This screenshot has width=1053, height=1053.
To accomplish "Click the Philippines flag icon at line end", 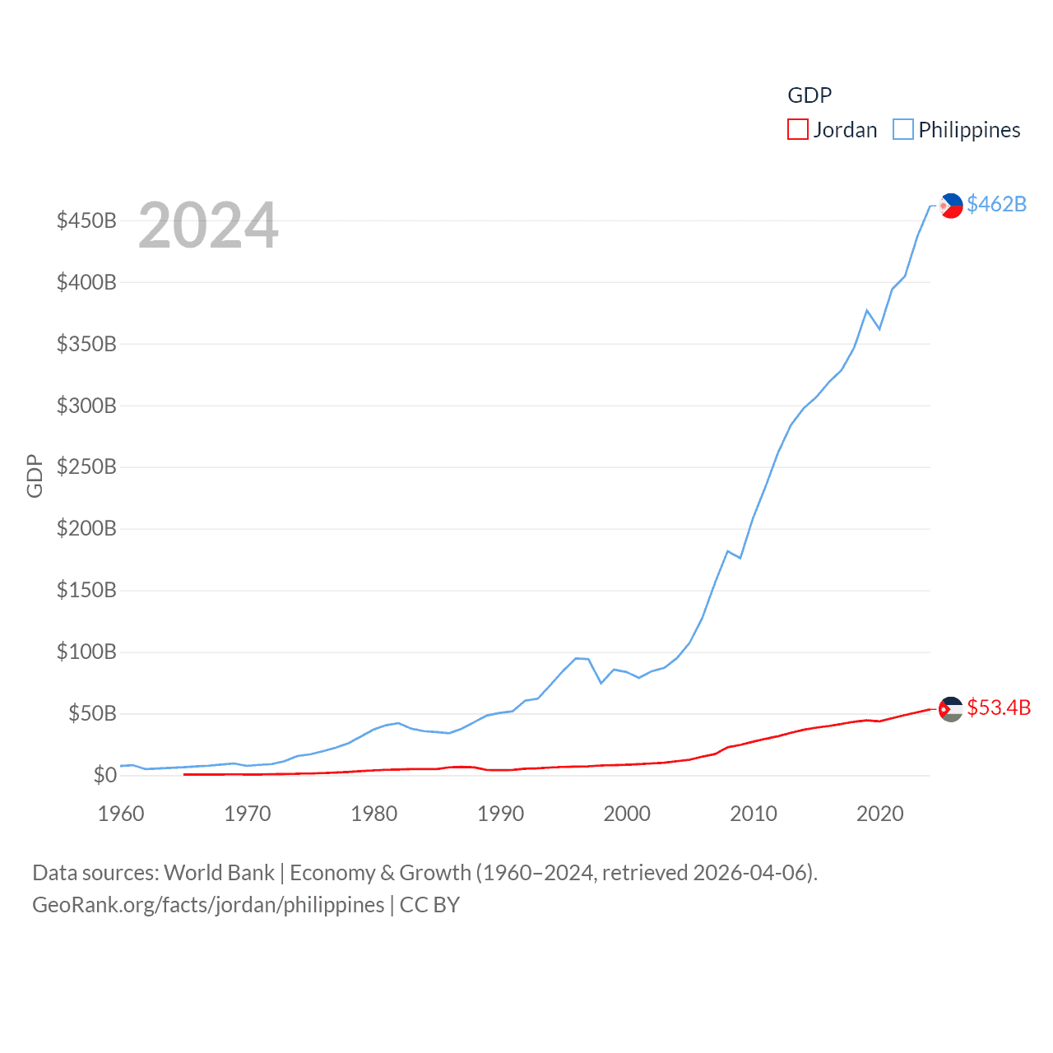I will coord(951,206).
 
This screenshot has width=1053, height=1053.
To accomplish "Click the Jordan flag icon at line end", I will coord(951,709).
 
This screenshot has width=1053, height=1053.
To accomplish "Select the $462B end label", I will coord(996,204).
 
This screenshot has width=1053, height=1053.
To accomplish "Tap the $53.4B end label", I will coord(999,707).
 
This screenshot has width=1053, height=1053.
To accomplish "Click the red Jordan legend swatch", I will coord(797,130).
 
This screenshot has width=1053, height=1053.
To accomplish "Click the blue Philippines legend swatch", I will coord(902,130).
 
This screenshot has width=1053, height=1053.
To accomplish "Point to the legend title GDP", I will coord(809,95).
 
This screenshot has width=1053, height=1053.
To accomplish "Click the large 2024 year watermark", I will coord(208,225).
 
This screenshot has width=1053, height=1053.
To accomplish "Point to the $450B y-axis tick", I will coord(86,220).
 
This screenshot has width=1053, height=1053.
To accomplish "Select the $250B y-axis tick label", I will coord(86,467).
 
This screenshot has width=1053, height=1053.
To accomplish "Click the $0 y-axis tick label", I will coord(104,775).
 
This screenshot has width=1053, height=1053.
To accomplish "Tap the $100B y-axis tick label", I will coord(86,652).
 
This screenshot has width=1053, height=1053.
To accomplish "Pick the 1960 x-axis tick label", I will coord(121,814).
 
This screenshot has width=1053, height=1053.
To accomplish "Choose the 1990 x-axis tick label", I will coord(500,814).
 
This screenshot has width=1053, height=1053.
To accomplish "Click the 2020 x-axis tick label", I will coord(879,814).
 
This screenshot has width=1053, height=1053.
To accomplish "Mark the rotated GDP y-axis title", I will coord(35,475).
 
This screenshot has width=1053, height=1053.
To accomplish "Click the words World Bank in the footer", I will coord(219,872).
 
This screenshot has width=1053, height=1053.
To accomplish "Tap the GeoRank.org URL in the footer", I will coord(208,905).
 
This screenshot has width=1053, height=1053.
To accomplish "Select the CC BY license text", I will coord(429,905).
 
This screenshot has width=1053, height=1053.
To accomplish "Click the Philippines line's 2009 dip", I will coord(740,558).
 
